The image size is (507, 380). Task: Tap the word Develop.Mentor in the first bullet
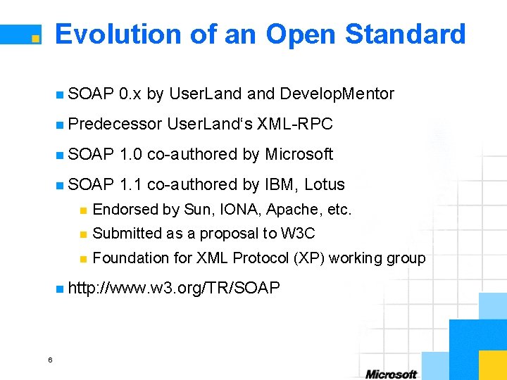coord(337,94)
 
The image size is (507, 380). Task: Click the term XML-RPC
coord(295,124)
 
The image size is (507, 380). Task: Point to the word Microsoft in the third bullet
coord(299,154)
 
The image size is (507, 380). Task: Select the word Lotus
coord(325,184)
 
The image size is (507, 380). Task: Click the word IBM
coord(281,184)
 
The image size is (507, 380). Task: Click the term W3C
coord(298,234)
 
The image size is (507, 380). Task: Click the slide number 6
coord(50,360)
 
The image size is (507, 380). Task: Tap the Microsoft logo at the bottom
coord(391,374)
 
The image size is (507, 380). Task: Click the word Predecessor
coord(115,124)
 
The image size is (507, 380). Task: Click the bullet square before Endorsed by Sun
coord(82,210)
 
